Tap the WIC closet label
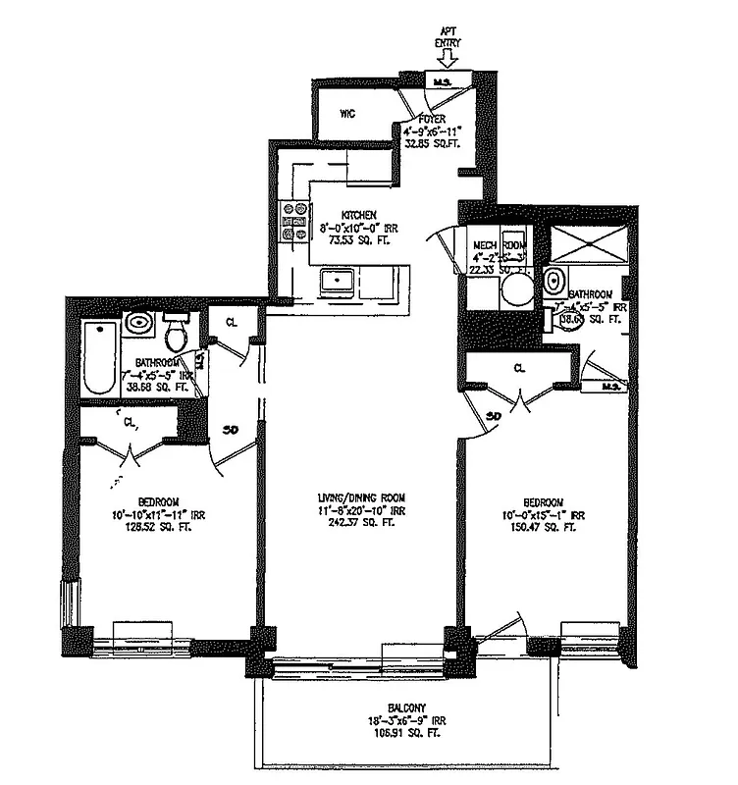[x=346, y=114]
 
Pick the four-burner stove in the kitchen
[x=291, y=221]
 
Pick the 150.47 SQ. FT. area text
[x=542, y=527]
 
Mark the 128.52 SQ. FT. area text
[x=152, y=527]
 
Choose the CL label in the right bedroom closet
[x=519, y=369]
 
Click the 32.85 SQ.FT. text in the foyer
[x=433, y=141]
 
